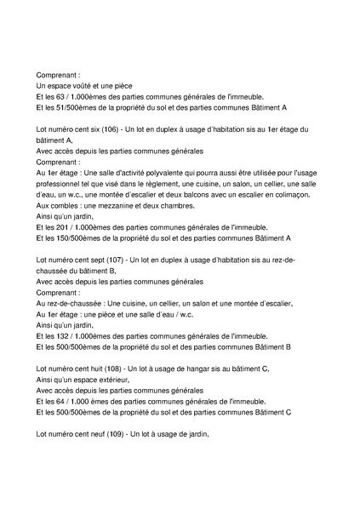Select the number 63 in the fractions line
coord(60,97)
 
